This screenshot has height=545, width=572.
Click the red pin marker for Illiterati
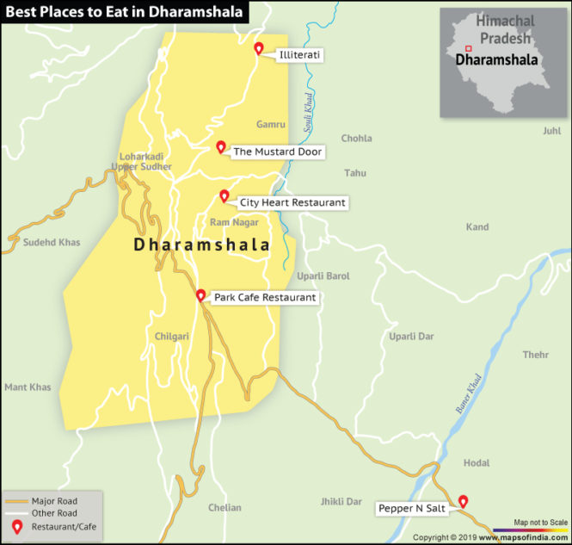point(258,48)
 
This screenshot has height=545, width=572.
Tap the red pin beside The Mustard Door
point(220,146)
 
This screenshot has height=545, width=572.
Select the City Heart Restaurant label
point(292,202)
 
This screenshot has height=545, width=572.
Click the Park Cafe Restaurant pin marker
point(200,295)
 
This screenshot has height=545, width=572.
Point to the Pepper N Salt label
point(412,509)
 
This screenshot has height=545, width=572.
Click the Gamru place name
point(270,125)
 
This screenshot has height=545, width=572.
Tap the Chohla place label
point(356,139)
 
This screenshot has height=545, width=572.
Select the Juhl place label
point(551,131)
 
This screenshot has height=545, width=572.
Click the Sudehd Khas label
point(52,243)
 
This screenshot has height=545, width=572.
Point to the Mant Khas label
point(28,387)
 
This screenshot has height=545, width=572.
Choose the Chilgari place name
point(171,337)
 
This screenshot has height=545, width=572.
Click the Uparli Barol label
point(323,276)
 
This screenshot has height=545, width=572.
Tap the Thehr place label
point(535,355)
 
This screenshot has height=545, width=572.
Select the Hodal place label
point(477,463)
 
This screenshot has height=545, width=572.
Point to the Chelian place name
point(224,508)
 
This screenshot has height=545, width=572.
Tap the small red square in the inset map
point(468,48)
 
